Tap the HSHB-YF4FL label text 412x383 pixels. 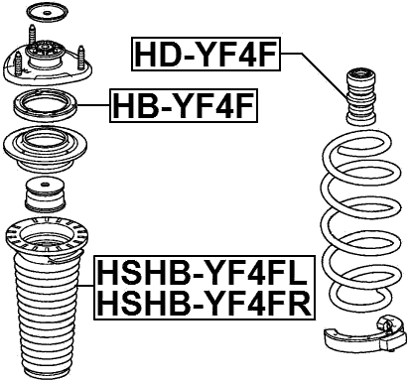click(204, 272)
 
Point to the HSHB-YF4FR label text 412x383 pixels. click(204, 302)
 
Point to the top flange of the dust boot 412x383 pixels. click(48, 238)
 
